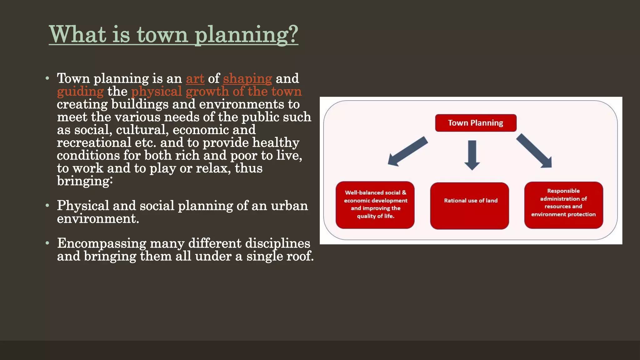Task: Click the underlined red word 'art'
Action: click(195, 78)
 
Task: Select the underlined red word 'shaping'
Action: click(247, 78)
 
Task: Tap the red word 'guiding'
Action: click(80, 92)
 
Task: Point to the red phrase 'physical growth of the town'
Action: click(216, 91)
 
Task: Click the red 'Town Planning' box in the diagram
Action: click(475, 123)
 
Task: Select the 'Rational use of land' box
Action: click(469, 206)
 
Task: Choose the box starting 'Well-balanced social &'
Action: click(375, 205)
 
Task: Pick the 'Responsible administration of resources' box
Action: click(563, 205)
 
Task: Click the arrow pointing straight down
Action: click(472, 155)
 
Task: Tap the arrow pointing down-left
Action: click(407, 151)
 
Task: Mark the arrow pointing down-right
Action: click(535, 151)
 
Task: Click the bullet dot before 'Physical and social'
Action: click(47, 206)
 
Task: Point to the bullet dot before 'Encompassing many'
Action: click(47, 243)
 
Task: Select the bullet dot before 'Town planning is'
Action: click(47, 78)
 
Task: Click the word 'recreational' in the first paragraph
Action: click(94, 142)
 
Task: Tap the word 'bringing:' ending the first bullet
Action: click(84, 181)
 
